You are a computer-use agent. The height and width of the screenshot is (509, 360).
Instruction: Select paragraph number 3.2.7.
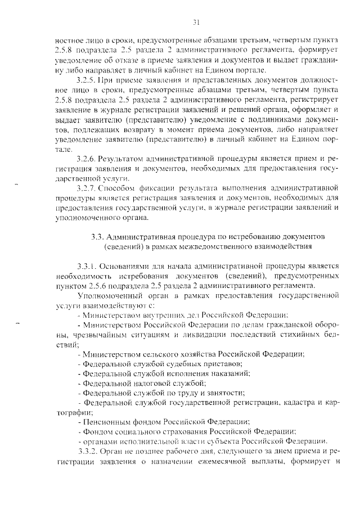point(88,187)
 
